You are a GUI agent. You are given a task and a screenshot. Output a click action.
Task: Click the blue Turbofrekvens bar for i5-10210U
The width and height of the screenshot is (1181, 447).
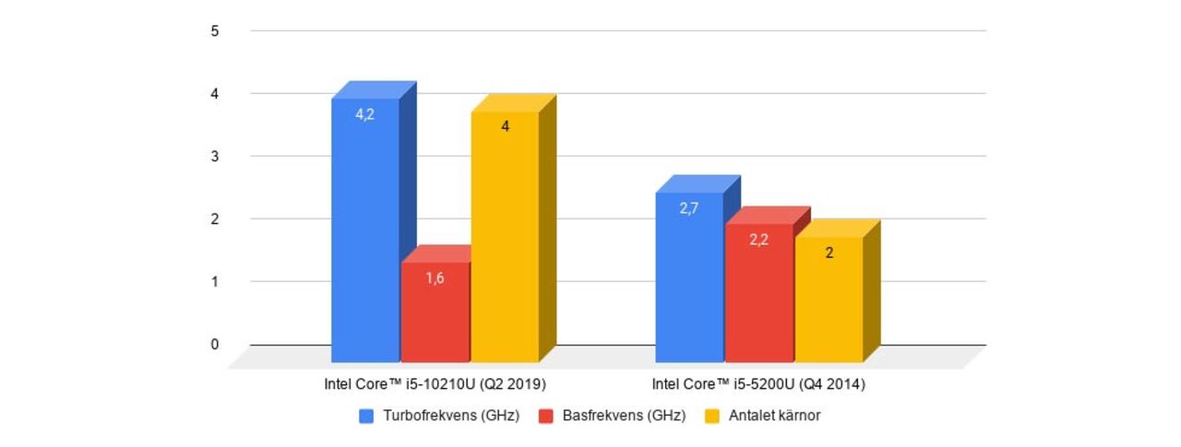pyautogui.click(x=365, y=230)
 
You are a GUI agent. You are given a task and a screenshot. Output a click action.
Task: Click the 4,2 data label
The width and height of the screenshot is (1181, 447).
pyautogui.click(x=365, y=115)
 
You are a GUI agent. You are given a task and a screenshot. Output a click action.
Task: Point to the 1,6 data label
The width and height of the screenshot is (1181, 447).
pyautogui.click(x=435, y=277)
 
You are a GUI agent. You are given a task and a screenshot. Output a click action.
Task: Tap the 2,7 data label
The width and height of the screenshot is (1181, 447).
pyautogui.click(x=689, y=208)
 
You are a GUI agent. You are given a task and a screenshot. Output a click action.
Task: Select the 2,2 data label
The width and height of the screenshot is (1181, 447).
pyautogui.click(x=758, y=240)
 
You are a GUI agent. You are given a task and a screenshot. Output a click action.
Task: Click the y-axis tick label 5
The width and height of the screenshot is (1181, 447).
pyautogui.click(x=215, y=30)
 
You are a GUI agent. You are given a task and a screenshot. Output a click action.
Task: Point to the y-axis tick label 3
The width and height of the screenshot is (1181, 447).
pyautogui.click(x=215, y=157)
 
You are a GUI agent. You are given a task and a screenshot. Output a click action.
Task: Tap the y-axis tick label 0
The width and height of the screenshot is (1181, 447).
pyautogui.click(x=215, y=345)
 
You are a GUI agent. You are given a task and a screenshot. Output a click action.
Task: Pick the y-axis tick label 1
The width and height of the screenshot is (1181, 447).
pyautogui.click(x=215, y=282)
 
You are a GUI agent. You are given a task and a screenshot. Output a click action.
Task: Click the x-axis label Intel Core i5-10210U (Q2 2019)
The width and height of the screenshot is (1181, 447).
pyautogui.click(x=435, y=383)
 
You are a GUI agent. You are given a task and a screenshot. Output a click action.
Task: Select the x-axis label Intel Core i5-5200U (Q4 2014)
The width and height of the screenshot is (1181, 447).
pyautogui.click(x=758, y=383)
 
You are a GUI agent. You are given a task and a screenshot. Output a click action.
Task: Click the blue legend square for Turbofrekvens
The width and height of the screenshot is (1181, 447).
pyautogui.click(x=365, y=416)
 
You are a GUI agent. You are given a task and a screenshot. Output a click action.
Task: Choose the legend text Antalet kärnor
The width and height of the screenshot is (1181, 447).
pyautogui.click(x=774, y=416)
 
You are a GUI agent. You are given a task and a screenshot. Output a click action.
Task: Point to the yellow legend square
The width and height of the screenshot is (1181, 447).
pyautogui.click(x=711, y=416)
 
